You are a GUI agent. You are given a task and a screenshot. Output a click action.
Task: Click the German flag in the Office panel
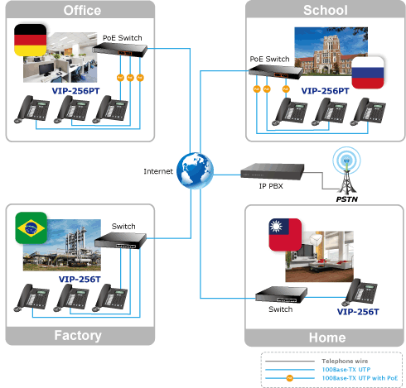point(31,40)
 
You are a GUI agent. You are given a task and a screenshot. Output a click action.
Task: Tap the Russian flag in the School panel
point(368,73)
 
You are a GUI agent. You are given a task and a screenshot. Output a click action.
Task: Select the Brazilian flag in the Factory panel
point(31,228)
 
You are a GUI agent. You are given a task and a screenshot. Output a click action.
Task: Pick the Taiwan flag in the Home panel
point(285,235)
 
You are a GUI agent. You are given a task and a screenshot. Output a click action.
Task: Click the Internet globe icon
point(195,170)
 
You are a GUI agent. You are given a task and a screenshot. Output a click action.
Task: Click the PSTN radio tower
point(346,170)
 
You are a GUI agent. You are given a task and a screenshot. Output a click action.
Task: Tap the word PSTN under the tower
point(347,199)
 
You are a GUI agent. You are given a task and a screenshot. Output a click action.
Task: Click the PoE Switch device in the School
point(276,73)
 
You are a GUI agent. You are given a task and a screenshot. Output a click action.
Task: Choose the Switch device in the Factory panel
point(120,241)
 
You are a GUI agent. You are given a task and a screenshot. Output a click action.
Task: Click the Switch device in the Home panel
point(281,295)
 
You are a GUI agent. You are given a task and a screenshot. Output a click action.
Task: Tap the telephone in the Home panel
point(360,292)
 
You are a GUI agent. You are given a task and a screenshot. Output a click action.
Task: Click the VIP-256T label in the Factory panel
point(80,280)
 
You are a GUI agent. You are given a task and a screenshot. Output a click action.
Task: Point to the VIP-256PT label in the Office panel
point(75,91)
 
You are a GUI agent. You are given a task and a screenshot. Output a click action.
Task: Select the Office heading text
point(82,11)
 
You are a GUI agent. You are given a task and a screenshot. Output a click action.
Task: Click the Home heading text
point(327,338)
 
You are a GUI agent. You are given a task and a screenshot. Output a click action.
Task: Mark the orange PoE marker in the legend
point(289,378)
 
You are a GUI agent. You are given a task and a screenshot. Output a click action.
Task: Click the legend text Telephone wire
point(345,361)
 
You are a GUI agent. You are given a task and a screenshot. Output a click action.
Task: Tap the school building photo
point(331,51)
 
